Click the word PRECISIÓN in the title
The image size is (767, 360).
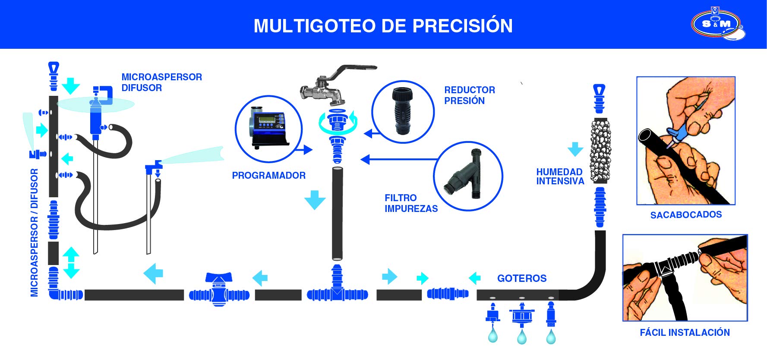tap(462, 26)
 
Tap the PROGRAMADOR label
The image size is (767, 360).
tap(268, 176)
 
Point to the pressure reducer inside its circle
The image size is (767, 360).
tap(402, 111)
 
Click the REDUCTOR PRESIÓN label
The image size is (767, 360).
tap(469, 95)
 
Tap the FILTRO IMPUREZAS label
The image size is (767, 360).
tap(410, 203)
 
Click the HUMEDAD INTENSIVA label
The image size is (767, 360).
tap(560, 177)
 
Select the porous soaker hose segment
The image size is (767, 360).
tap(600, 150)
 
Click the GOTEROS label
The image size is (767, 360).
tap(521, 278)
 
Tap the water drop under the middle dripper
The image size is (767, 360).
tap(521, 337)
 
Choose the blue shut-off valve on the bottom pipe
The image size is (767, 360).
tap(219, 290)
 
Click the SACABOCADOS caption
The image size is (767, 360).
tap(685, 215)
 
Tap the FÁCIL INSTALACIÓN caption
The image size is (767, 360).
tap(685, 332)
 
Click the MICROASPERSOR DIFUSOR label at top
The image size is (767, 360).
tap(161, 82)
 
